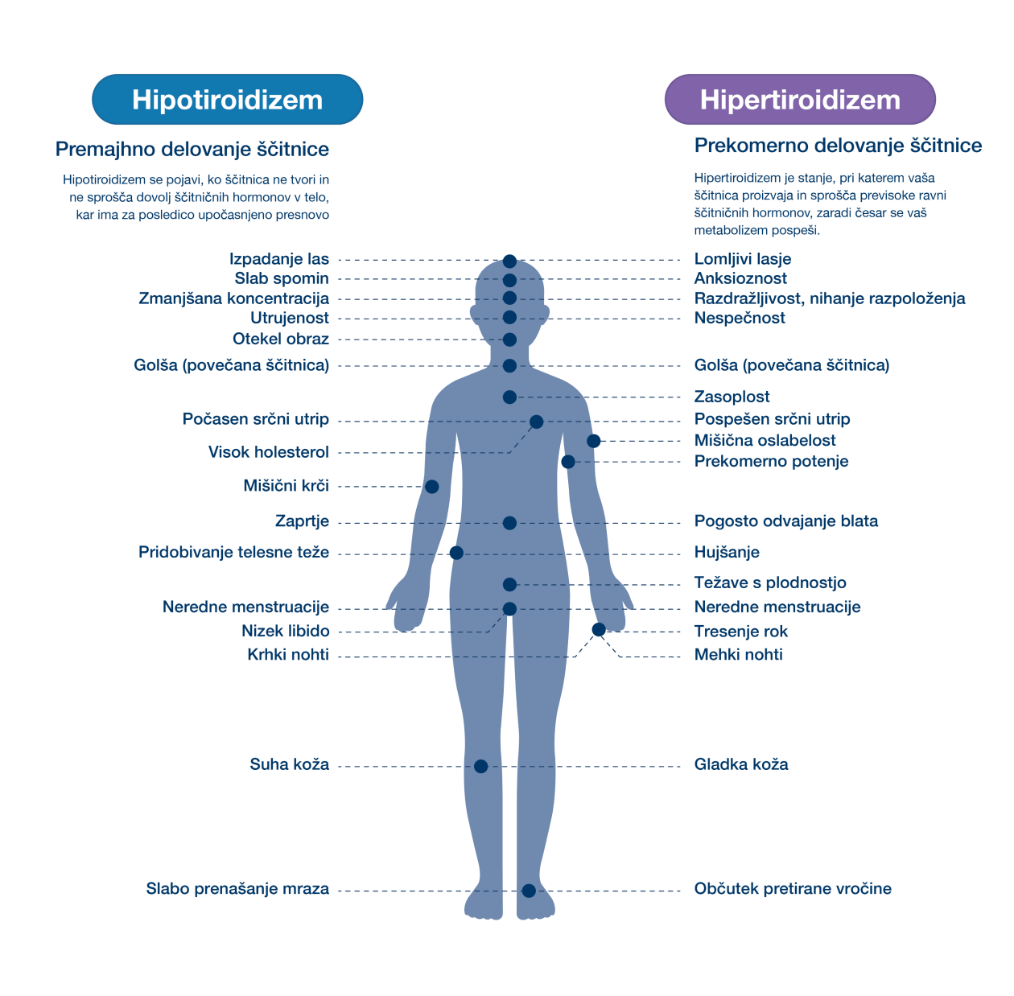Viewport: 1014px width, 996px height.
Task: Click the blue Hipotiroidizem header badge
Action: click(x=228, y=100)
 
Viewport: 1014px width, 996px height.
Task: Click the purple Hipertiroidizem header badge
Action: click(x=800, y=100)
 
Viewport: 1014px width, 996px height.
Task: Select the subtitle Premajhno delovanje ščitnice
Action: click(x=192, y=150)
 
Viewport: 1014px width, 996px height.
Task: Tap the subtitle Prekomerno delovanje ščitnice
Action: click(x=838, y=146)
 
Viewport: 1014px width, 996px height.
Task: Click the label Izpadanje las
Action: click(x=279, y=259)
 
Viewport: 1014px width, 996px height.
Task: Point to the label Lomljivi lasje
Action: click(x=743, y=259)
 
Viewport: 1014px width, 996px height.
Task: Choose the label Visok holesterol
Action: click(x=269, y=452)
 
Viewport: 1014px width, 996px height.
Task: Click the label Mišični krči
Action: click(x=286, y=486)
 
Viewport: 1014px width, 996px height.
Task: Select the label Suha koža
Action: click(x=290, y=764)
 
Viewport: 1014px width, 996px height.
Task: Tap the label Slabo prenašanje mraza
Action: click(x=237, y=889)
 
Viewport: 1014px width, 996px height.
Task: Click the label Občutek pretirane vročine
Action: click(x=793, y=889)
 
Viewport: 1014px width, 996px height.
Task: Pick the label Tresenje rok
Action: click(x=741, y=632)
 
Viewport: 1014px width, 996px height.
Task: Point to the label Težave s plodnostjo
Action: click(x=770, y=583)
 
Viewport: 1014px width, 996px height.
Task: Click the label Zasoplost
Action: click(x=732, y=397)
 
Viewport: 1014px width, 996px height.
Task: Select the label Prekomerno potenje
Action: click(x=771, y=462)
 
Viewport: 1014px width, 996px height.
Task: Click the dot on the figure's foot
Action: click(x=529, y=891)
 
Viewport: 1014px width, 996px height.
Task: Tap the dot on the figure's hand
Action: click(x=599, y=630)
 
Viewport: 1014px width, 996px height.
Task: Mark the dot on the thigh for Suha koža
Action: click(x=480, y=766)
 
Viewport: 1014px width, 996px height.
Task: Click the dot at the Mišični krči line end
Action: click(x=432, y=487)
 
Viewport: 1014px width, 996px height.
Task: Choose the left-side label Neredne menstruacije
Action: click(x=246, y=607)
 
